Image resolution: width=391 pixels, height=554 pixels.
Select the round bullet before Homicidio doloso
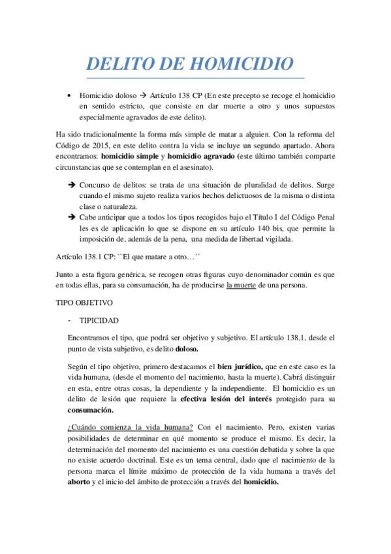point(69,95)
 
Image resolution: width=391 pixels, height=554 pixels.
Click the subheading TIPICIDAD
point(100,321)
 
